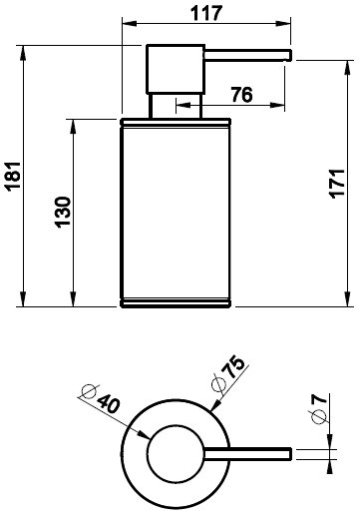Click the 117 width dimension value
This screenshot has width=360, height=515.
206,14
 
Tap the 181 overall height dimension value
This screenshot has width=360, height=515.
14,176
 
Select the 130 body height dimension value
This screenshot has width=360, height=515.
63,213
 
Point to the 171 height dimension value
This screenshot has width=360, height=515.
337,184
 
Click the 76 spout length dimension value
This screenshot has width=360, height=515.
241,95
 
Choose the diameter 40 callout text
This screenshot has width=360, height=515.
101,398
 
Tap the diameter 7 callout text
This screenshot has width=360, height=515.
319,409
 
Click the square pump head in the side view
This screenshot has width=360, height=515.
176,69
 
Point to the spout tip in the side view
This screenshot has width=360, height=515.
290,55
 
